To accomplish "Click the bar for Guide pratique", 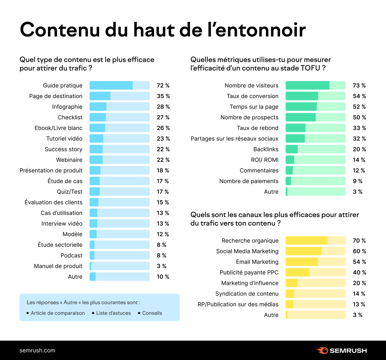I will click(119, 85).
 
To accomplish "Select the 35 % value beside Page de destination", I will click(163, 96).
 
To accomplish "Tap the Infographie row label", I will click(67, 107).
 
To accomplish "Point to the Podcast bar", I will click(119, 255).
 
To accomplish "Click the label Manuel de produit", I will click(58, 266).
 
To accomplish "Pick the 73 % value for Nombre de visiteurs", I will click(359, 86).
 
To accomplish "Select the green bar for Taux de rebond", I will click(315, 128).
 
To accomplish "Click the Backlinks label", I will click(266, 149).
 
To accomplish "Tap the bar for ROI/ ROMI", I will click(315, 160).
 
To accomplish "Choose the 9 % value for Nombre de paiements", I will click(358, 181).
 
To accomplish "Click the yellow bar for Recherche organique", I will click(315, 241).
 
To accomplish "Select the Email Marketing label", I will click(257, 262).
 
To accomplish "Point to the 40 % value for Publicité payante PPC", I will click(359, 272).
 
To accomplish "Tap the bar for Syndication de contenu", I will click(315, 294).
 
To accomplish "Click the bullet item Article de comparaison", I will click(58, 313).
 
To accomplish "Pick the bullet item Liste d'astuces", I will click(113, 313).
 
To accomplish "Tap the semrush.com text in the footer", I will click(37, 350).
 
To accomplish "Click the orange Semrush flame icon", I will click(322, 351).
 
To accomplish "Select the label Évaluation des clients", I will click(53, 202).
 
